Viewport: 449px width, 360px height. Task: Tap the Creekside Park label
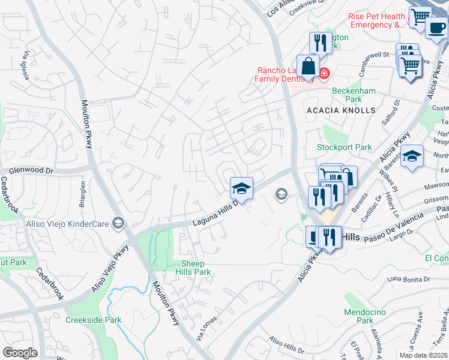[x=93, y=320]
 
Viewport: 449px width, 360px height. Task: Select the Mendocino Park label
[x=360, y=316]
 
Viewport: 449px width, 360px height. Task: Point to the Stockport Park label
[x=345, y=147]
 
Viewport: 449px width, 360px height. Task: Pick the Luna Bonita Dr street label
[x=409, y=280]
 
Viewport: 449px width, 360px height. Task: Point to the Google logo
[x=20, y=353]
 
